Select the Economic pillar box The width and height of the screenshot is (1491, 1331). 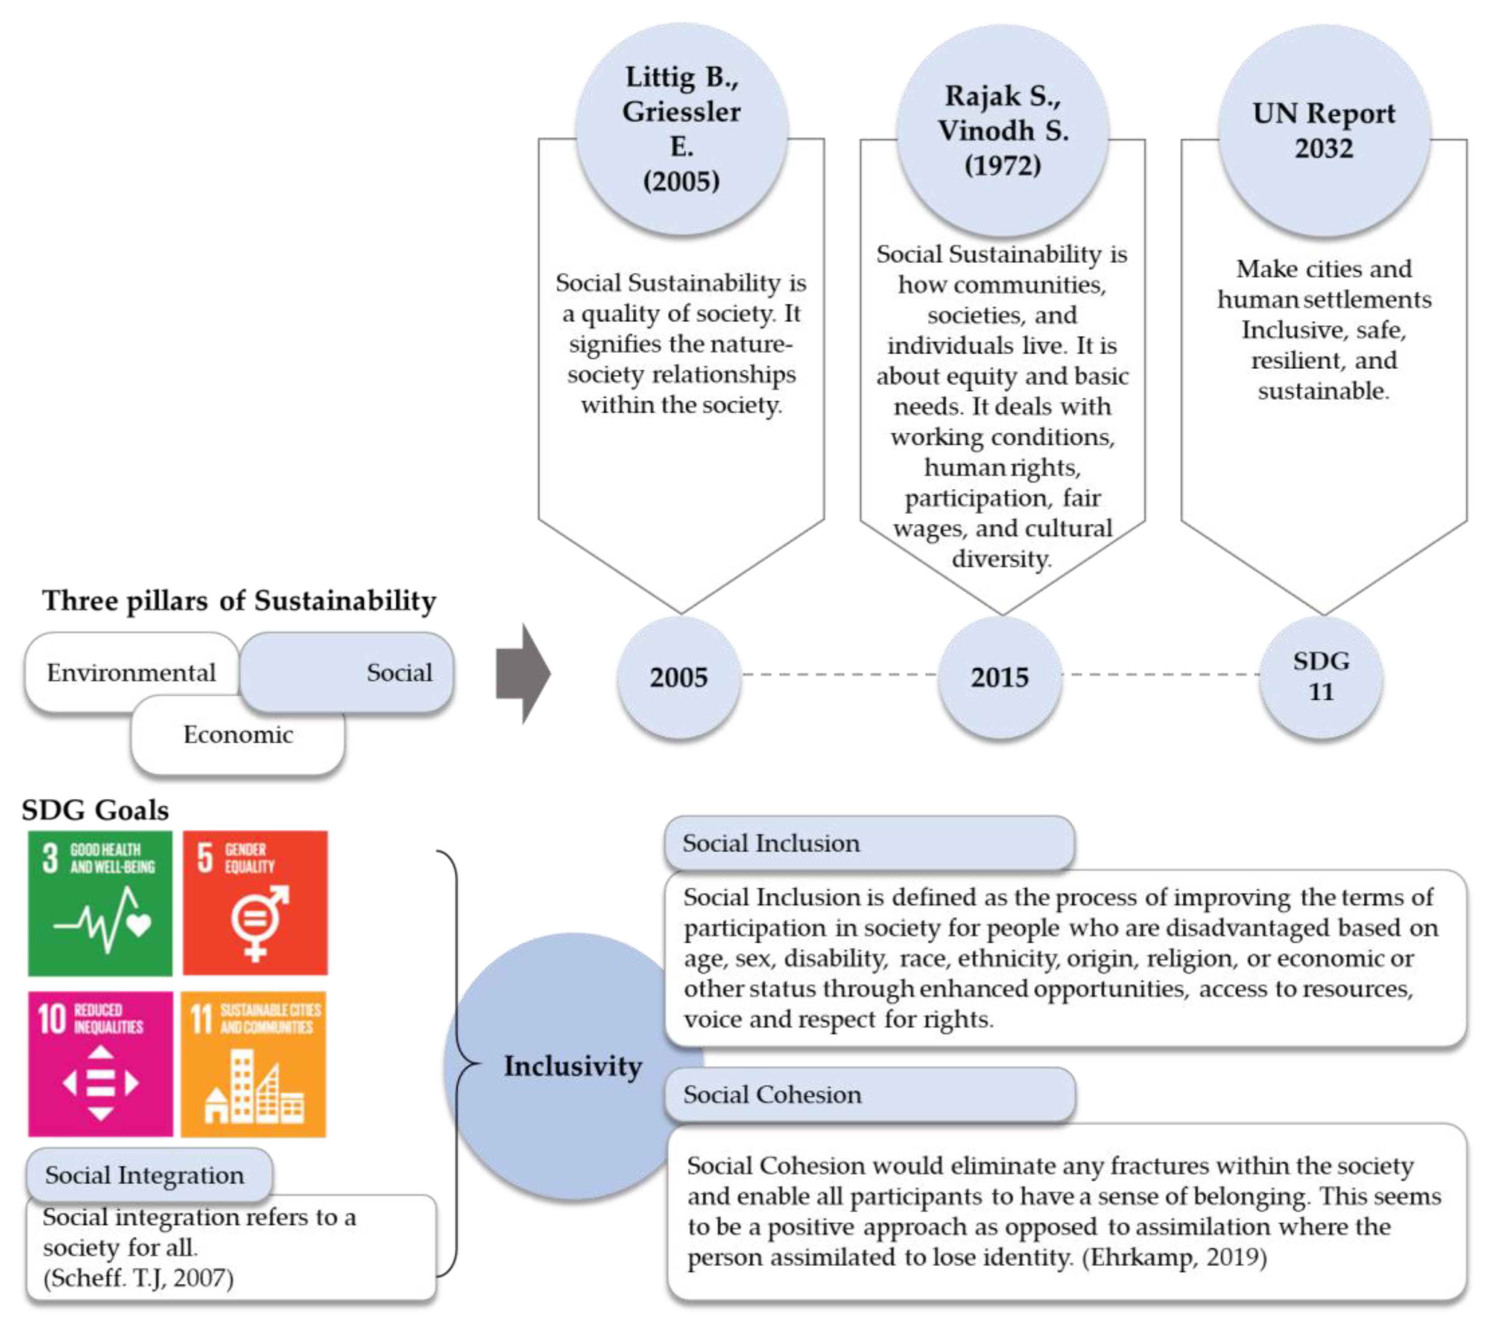pos(238,734)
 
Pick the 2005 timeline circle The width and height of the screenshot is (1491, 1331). pos(678,677)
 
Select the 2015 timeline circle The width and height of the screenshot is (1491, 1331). pos(1000,677)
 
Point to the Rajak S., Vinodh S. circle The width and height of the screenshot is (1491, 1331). pos(1002,130)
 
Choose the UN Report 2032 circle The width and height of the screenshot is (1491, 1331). pos(1323,130)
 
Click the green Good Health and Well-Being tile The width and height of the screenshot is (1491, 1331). pos(100,903)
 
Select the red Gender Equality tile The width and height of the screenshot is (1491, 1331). pos(255,903)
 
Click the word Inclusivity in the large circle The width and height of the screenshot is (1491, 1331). pos(573,1066)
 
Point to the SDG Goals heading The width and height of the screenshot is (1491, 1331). pos(95,810)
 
